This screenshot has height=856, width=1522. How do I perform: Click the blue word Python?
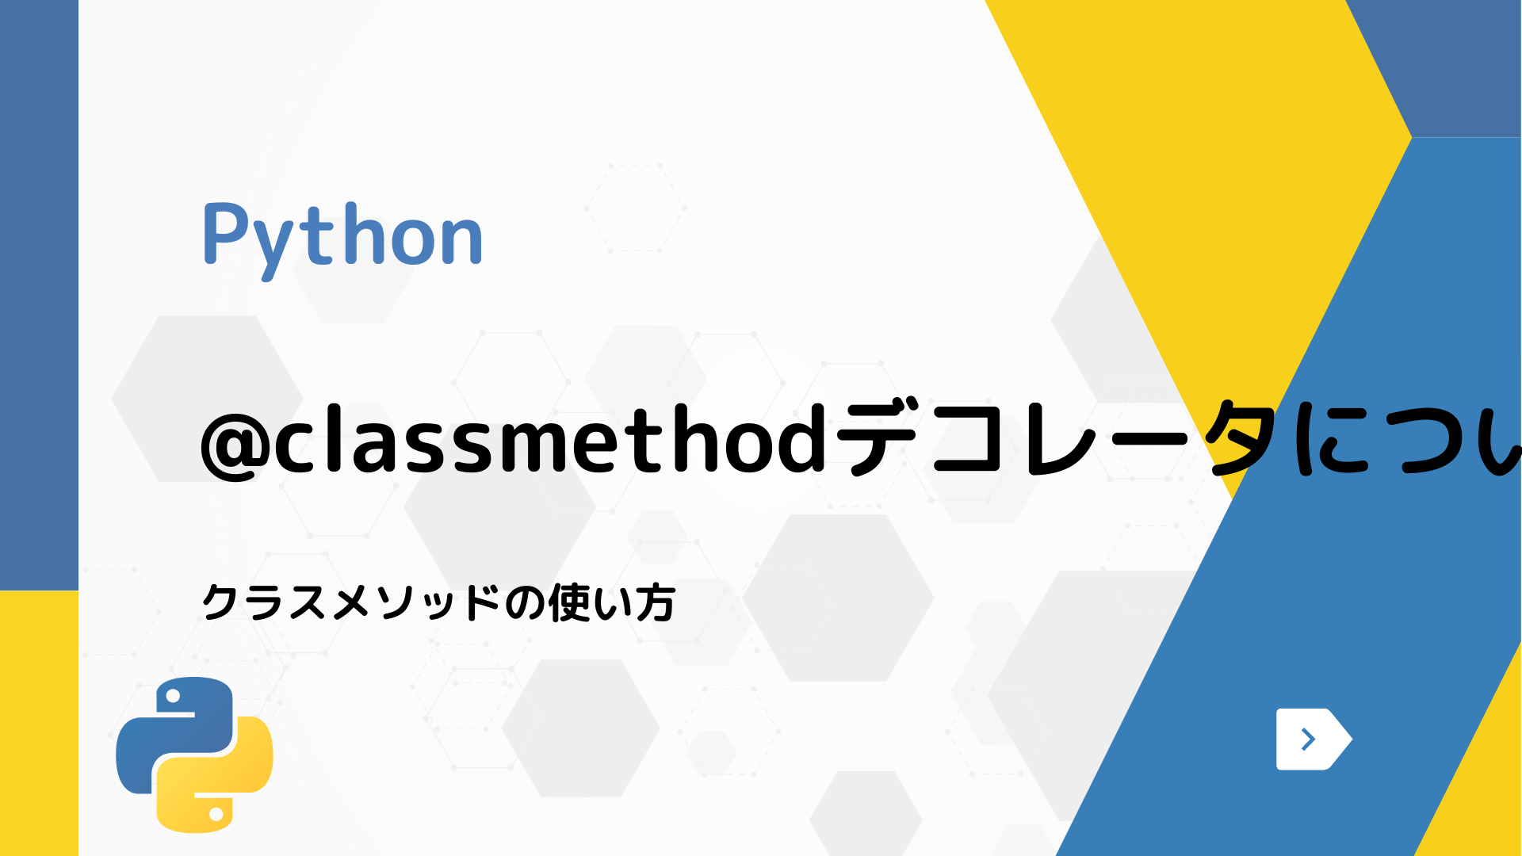click(x=342, y=235)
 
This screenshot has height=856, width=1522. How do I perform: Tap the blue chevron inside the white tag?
click(x=1308, y=739)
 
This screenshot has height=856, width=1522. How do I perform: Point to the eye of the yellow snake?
click(x=216, y=813)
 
